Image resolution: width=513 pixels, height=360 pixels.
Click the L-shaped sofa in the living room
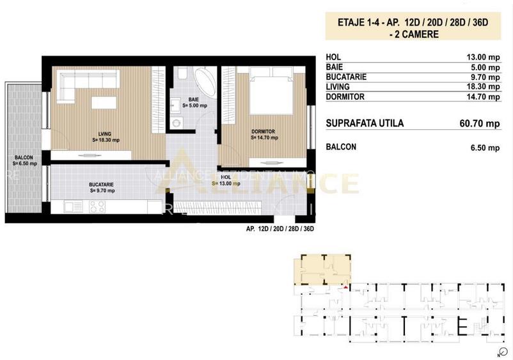coord(86,85)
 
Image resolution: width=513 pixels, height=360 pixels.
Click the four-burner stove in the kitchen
coord(97,207)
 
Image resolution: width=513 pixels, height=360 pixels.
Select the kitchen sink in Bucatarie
coord(71,207)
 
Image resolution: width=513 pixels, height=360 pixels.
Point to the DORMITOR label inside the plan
coord(262,132)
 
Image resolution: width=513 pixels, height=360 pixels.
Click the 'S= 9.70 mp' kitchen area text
coord(101,190)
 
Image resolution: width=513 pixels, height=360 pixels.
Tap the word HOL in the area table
coord(334,56)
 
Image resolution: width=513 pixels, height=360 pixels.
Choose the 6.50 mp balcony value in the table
coord(484,148)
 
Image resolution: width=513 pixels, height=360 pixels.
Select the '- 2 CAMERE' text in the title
coord(413,34)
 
